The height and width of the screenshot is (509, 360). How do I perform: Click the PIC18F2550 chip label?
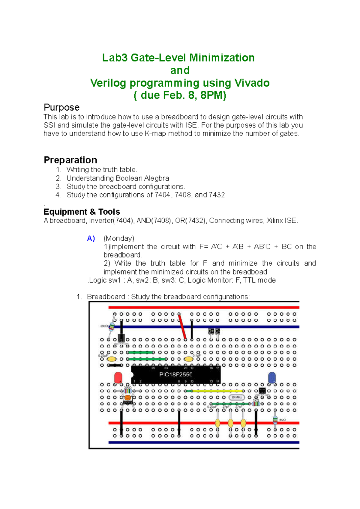[176, 374]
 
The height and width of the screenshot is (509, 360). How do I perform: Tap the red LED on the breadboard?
[118, 377]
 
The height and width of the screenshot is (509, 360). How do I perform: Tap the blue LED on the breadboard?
[272, 377]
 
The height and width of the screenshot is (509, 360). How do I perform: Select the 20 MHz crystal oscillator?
[237, 397]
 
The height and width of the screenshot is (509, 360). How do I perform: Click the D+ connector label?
[211, 331]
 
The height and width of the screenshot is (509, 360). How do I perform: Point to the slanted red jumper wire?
[182, 327]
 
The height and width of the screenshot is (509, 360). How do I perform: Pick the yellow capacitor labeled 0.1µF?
[189, 359]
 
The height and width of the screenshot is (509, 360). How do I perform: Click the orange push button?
[128, 398]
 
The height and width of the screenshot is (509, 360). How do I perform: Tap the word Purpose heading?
[61, 107]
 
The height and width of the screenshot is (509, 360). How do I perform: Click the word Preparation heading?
[70, 160]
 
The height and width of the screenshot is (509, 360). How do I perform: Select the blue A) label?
[91, 238]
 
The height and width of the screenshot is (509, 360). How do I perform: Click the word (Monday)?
[119, 238]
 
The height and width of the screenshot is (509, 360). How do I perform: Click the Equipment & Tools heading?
[82, 212]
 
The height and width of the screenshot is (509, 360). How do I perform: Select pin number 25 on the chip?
[153, 368]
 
